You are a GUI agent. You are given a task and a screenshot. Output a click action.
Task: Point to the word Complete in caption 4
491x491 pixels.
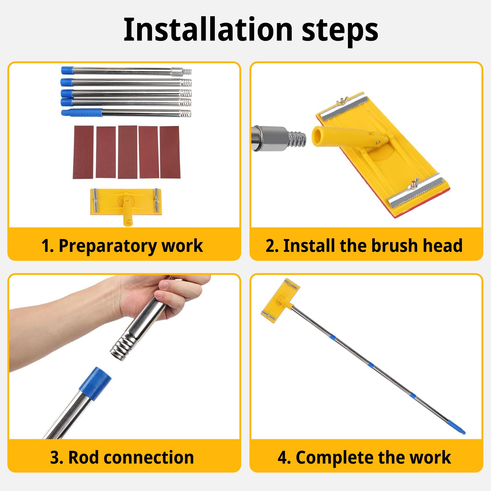pos(335,458)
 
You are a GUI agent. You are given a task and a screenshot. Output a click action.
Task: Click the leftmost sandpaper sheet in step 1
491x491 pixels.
pos(83,152)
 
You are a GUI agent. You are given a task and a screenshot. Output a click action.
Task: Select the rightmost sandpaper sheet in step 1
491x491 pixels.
pos(170,152)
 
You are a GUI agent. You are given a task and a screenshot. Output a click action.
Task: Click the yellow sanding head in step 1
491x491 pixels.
pos(126,205)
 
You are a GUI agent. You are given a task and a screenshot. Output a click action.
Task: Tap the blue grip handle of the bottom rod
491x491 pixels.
pos(82,112)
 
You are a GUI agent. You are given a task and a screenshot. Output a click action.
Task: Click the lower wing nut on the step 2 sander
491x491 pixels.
pos(412,187)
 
